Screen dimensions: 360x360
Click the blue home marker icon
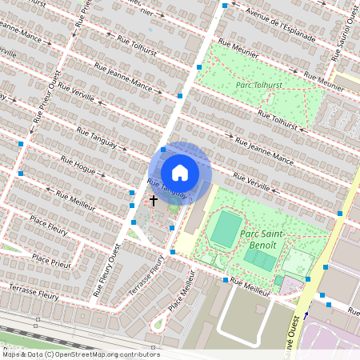[180, 173]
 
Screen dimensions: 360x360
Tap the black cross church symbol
[153, 202]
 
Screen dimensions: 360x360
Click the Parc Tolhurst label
[259, 84]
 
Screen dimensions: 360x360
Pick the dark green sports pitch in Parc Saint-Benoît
[226, 229]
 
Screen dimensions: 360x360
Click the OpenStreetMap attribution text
[81, 354]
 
